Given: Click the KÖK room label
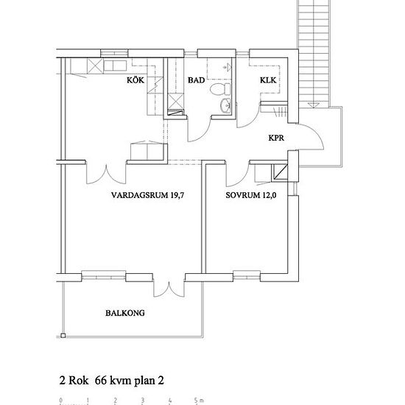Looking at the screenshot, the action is (x=135, y=80).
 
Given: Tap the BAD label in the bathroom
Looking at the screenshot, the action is (x=197, y=80).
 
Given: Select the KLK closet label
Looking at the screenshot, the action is (x=268, y=80).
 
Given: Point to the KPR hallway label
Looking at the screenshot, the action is (x=276, y=138).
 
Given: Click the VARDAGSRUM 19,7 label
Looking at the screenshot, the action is (x=148, y=195).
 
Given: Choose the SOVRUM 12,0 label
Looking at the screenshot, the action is (x=251, y=195).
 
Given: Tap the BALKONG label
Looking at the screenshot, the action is (x=125, y=313).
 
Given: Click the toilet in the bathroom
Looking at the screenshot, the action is (x=220, y=89).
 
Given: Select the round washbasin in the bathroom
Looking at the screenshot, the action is (x=225, y=105).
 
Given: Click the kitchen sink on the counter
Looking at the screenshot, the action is (x=115, y=66).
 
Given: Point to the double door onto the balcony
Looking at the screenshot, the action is (x=169, y=289).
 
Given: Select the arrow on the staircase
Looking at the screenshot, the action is (x=314, y=105).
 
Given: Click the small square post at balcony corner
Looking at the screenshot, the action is (x=63, y=336).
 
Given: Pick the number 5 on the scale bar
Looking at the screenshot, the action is (x=196, y=400).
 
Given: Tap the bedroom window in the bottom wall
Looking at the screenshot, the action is (x=247, y=275).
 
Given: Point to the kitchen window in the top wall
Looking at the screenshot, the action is (x=114, y=53).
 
